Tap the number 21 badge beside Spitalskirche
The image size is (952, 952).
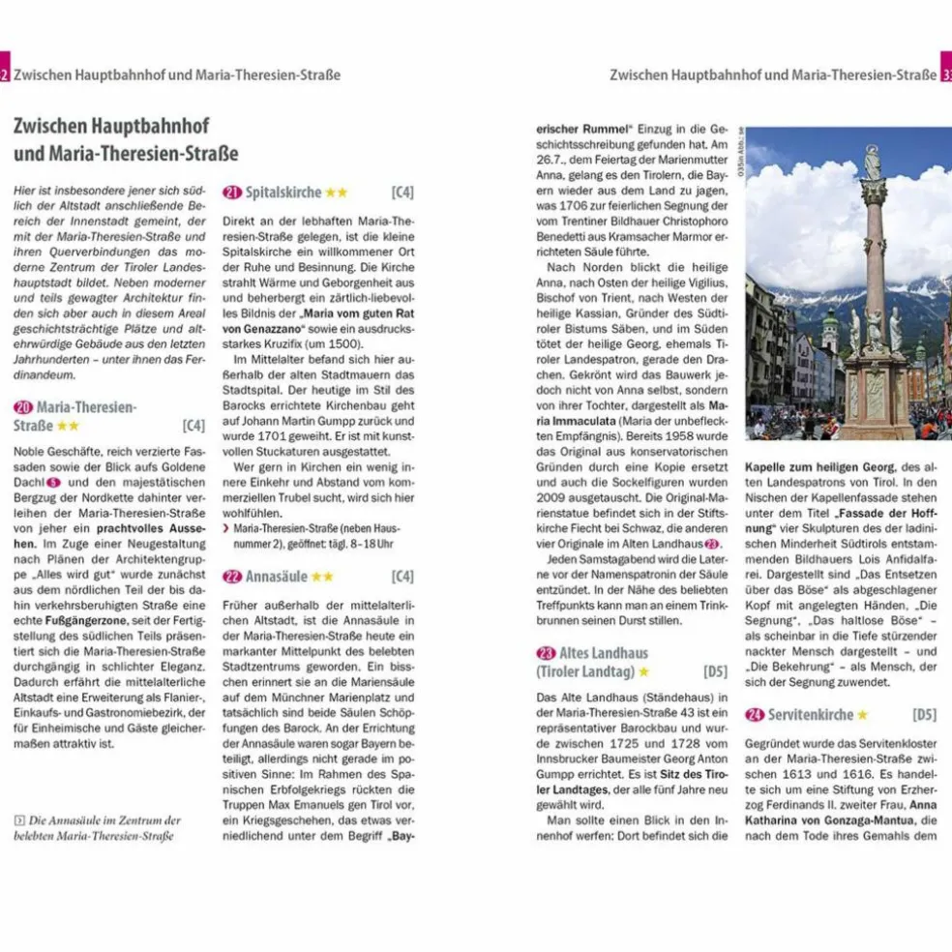pyautogui.click(x=231, y=192)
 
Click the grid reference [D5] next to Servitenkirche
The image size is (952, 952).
pyautogui.click(x=924, y=715)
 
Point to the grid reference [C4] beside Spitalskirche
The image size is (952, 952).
pyautogui.click(x=402, y=192)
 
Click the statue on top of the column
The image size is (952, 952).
pyautogui.click(x=873, y=162)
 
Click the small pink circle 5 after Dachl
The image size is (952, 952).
pyautogui.click(x=54, y=481)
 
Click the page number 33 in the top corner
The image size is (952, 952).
pyautogui.click(x=945, y=74)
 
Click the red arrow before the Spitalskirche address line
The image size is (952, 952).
pyautogui.click(x=226, y=529)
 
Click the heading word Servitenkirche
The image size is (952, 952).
pyautogui.click(x=811, y=715)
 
